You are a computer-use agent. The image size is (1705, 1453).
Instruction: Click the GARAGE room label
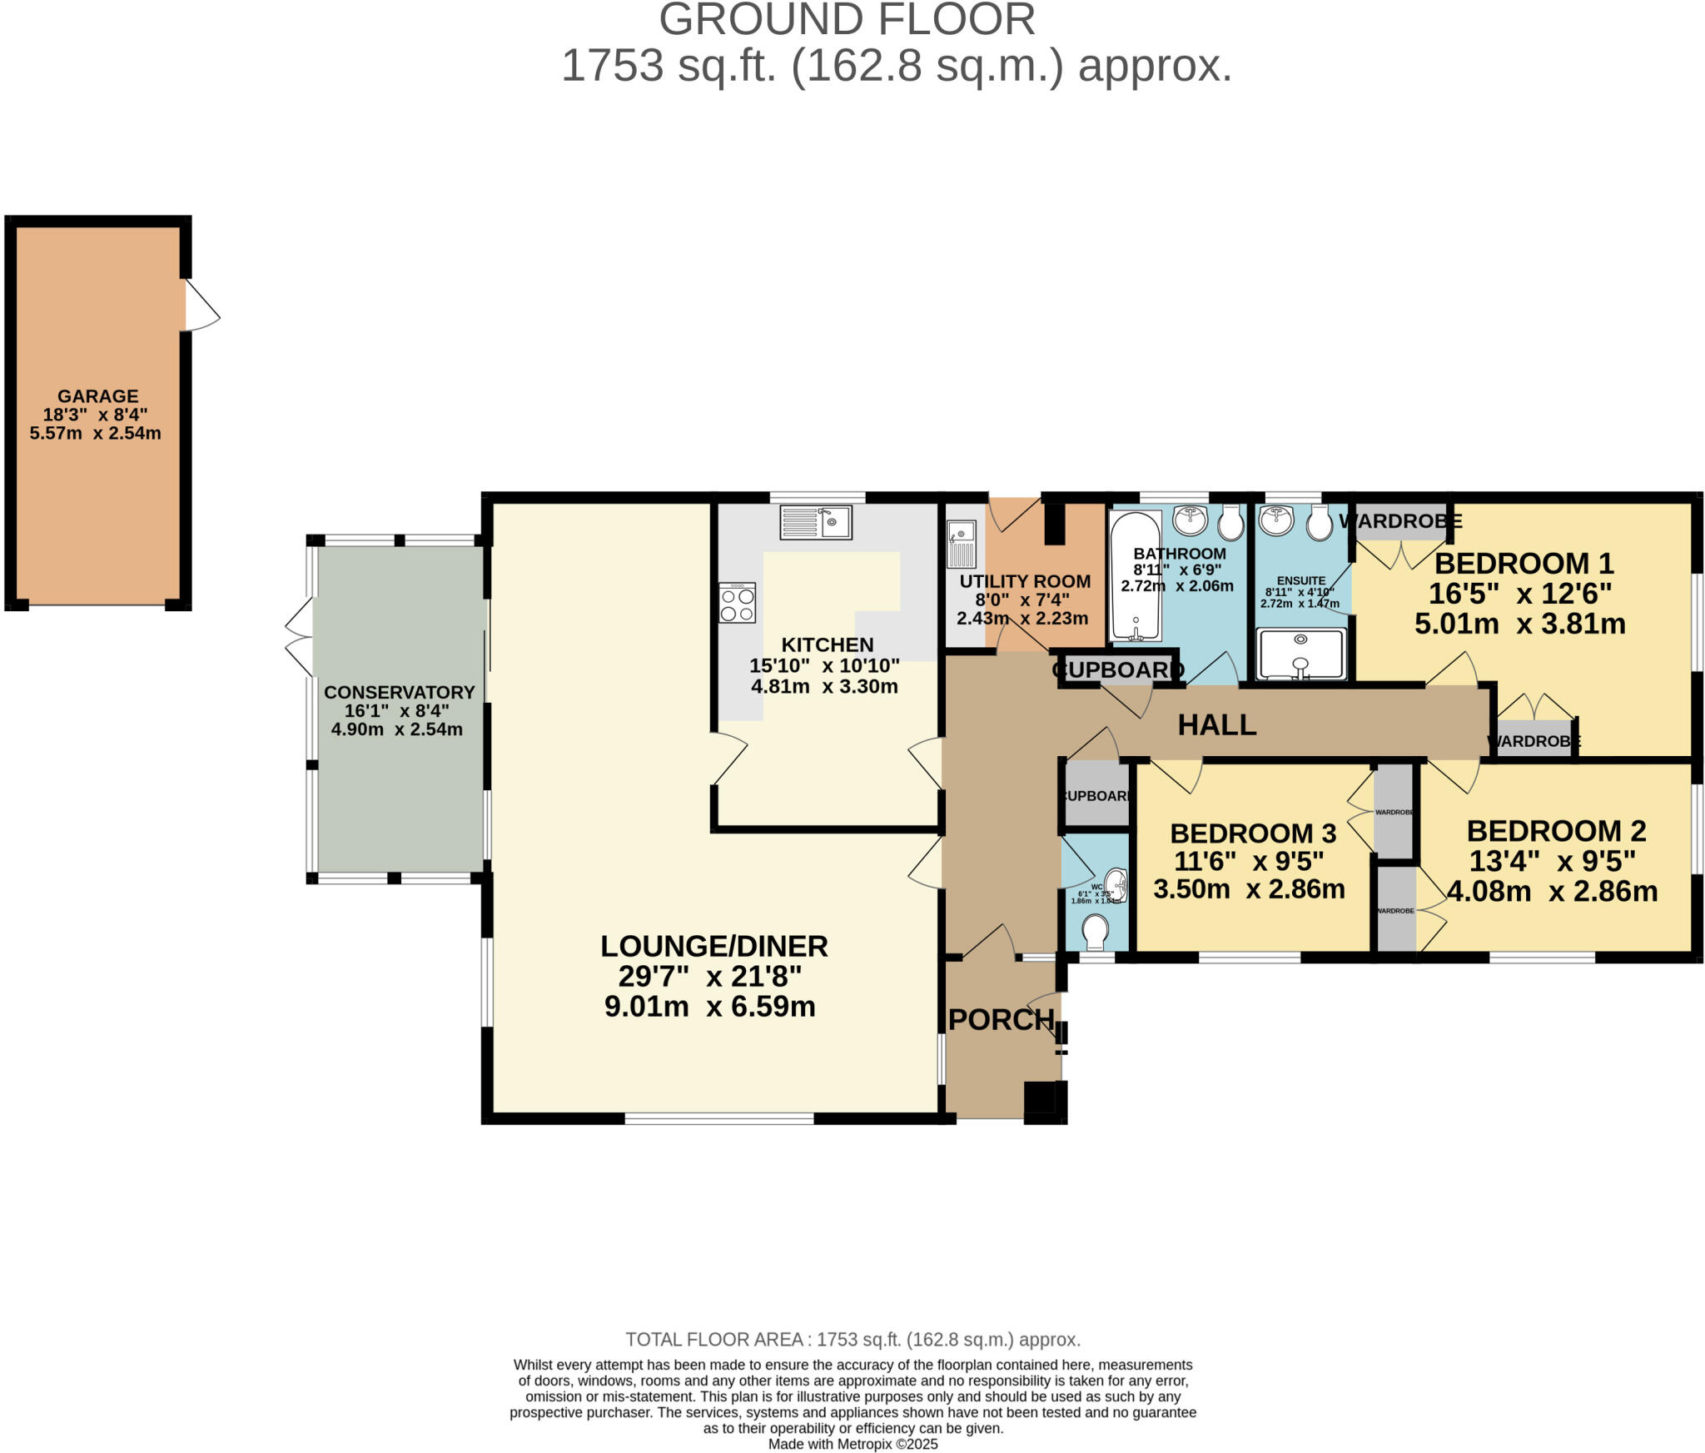click(x=97, y=396)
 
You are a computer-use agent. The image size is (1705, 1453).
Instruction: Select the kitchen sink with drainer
click(x=816, y=522)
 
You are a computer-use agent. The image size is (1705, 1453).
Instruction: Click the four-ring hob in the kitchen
click(x=737, y=603)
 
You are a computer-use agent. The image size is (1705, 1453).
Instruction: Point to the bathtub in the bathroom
click(x=1136, y=575)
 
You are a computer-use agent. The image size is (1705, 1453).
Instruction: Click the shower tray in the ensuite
click(x=1301, y=654)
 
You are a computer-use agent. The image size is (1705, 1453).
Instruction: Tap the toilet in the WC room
click(x=1095, y=932)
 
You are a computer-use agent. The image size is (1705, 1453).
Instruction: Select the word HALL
click(x=1216, y=725)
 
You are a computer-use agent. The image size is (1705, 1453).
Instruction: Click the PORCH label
click(x=1001, y=1020)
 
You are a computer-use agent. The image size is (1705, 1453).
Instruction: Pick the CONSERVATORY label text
click(x=399, y=692)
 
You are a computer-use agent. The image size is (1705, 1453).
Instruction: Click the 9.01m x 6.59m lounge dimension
click(x=709, y=1007)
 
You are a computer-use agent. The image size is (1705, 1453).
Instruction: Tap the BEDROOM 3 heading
click(x=1253, y=833)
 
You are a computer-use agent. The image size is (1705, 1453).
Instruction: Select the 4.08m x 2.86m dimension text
click(x=1552, y=892)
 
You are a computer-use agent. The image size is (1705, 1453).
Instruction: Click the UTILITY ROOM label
click(x=1025, y=581)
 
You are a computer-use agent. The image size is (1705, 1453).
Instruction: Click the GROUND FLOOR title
click(x=847, y=20)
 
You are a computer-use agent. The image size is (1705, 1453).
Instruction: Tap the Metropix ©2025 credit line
click(x=852, y=1444)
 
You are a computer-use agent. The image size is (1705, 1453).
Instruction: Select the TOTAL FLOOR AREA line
click(x=852, y=1340)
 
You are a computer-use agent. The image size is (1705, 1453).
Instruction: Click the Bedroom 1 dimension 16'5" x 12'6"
click(x=1520, y=594)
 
